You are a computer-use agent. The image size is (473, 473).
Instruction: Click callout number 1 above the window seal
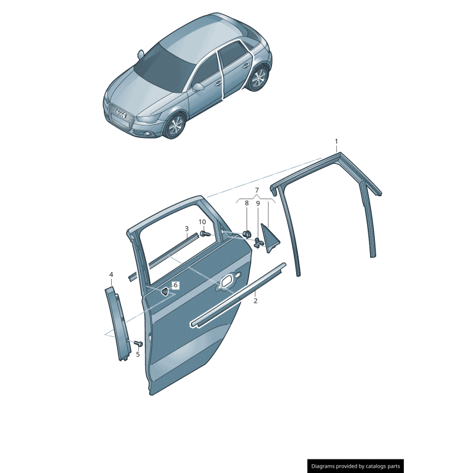336,141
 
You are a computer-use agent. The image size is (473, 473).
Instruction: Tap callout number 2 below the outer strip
255,301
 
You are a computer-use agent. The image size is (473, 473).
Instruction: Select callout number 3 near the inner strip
187,229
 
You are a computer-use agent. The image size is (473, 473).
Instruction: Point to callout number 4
111,274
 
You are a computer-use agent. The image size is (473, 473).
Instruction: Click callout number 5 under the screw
138,354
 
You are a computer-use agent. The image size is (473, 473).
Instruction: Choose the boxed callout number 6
176,285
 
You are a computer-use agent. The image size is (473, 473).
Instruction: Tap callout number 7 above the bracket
257,190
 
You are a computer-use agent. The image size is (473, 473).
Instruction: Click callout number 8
247,203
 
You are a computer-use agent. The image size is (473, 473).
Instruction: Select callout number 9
258,203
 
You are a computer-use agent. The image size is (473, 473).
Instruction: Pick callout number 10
202,222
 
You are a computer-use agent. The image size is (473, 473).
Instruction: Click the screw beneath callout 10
204,234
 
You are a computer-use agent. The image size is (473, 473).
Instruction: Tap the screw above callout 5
138,344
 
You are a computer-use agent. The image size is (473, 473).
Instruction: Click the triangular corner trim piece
271,238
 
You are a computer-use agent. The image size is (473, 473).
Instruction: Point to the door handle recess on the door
228,281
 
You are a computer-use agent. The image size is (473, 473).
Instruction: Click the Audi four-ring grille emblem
121,113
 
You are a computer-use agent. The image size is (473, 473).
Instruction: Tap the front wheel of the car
175,125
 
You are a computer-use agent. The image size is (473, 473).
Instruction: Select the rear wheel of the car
258,78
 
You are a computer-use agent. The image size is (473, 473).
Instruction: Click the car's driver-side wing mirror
198,87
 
